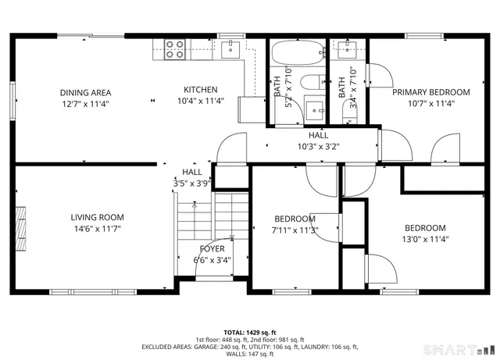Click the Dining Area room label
pyautogui.click(x=85, y=93)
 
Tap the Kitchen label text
pyautogui.click(x=201, y=90)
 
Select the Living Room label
pyautogui.click(x=97, y=217)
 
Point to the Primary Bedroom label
pyautogui.click(x=431, y=92)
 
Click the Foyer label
pyautogui.click(x=212, y=249)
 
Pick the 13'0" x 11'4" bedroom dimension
pyautogui.click(x=425, y=240)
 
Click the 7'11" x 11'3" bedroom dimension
pyautogui.click(x=295, y=230)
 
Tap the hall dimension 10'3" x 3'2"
pyautogui.click(x=318, y=146)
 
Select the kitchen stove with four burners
pyautogui.click(x=174, y=49)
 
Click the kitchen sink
pyautogui.click(x=230, y=50)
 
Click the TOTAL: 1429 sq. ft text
pyautogui.click(x=249, y=331)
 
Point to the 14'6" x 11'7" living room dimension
pyautogui.click(x=97, y=229)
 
